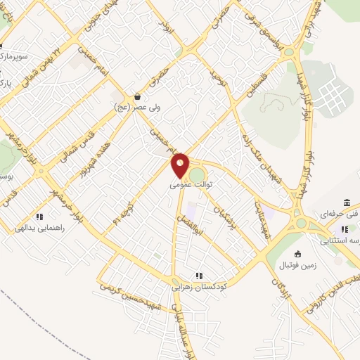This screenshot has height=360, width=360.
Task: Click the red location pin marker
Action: point(181,165)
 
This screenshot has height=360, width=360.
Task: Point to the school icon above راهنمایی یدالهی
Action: point(40,217)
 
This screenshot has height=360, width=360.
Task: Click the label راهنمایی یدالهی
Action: point(40,228)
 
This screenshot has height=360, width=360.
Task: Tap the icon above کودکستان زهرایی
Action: point(200,276)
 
